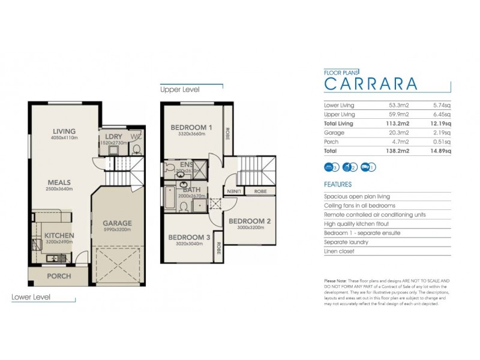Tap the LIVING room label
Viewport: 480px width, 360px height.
(x=64, y=131)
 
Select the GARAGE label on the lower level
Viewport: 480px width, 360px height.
(x=116, y=223)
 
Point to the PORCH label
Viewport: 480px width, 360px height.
(x=59, y=276)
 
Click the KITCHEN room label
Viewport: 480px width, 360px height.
(x=58, y=236)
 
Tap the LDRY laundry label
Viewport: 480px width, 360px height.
(x=113, y=136)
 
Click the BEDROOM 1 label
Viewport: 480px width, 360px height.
(x=191, y=127)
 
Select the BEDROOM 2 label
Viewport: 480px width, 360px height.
(x=250, y=221)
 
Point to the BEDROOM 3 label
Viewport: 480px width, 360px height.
(x=188, y=237)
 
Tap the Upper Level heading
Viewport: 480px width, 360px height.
(x=179, y=89)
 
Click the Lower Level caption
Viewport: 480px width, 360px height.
(x=31, y=297)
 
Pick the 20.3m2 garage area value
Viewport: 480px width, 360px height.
(x=400, y=133)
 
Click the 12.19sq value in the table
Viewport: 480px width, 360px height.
(x=441, y=124)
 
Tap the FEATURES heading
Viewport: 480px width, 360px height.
(x=338, y=185)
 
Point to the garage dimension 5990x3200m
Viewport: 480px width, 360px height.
(x=116, y=230)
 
